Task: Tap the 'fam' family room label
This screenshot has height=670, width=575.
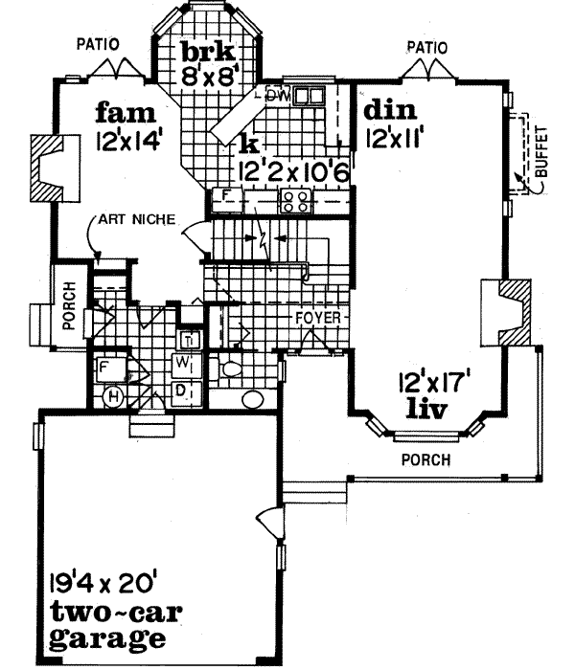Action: (x=125, y=113)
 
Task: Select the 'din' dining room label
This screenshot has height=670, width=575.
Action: (x=388, y=109)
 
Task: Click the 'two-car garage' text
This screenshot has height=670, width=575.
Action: (x=104, y=624)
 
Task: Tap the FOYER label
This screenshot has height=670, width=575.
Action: (x=313, y=314)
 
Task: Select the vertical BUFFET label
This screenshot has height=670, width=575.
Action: (x=541, y=153)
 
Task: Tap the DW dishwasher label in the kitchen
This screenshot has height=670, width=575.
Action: (x=278, y=96)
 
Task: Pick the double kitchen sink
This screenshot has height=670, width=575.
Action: (x=309, y=96)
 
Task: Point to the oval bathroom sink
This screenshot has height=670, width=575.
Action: (x=254, y=400)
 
